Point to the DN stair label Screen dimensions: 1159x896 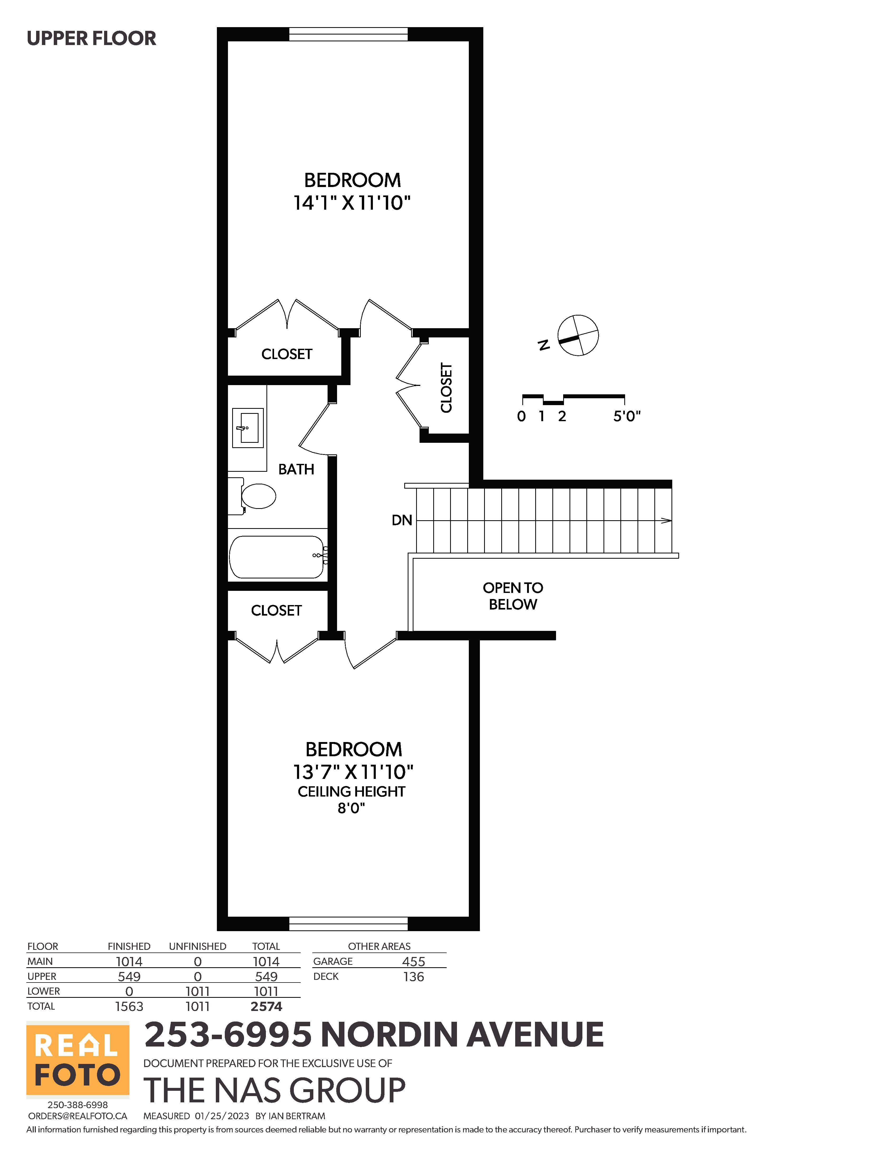coord(402,520)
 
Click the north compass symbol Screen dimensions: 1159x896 coord(577,335)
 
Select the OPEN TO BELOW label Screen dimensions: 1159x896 coord(513,596)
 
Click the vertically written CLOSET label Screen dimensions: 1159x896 coord(446,388)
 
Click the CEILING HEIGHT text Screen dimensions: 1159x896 coord(351,791)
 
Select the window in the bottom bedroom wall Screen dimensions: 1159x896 coord(348,924)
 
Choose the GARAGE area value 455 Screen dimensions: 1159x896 coord(413,962)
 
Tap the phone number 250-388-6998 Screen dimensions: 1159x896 coord(77,1105)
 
